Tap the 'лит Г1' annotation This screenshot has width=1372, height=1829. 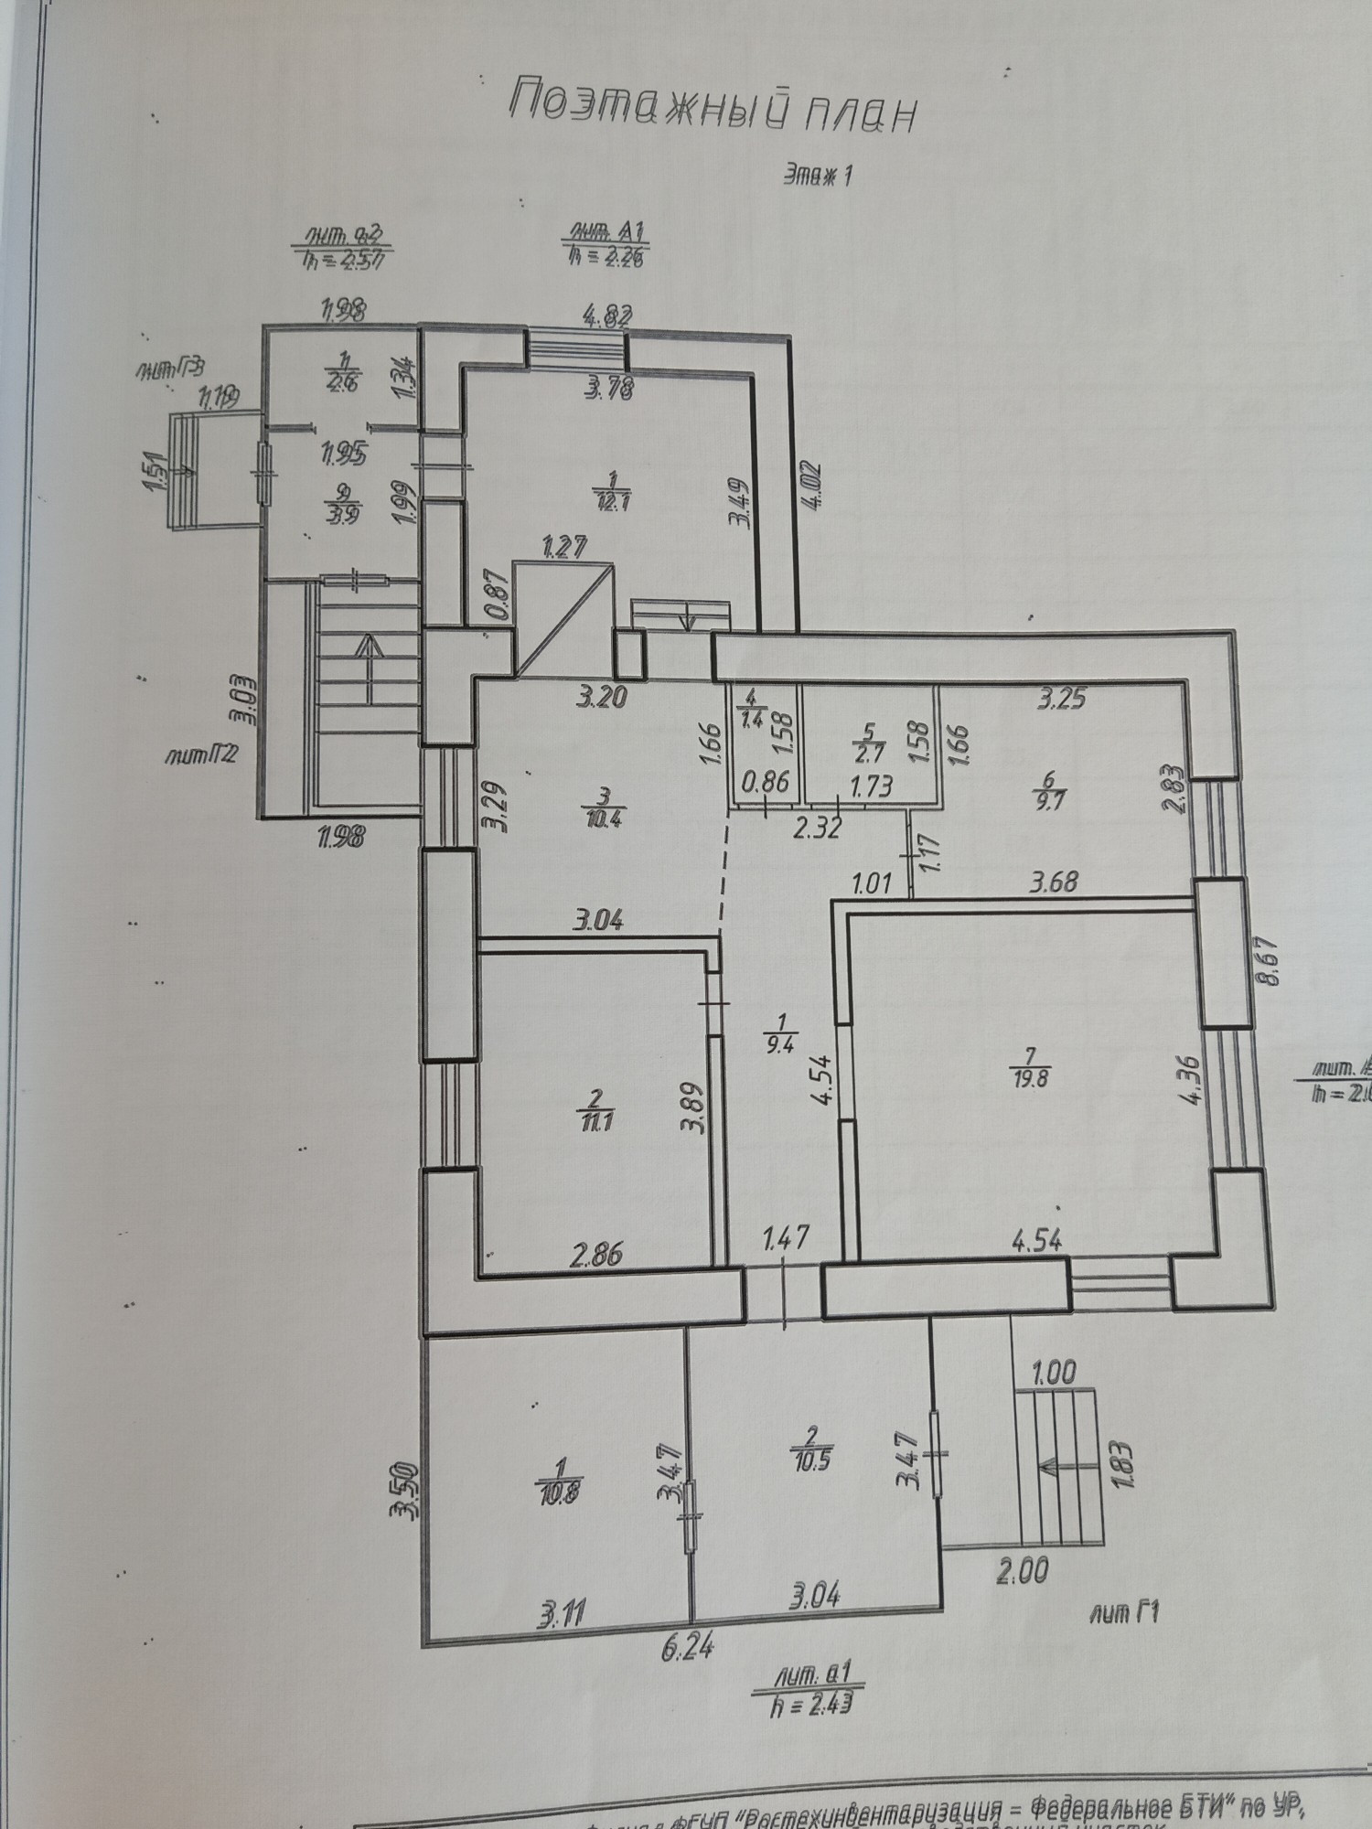1124,1614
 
